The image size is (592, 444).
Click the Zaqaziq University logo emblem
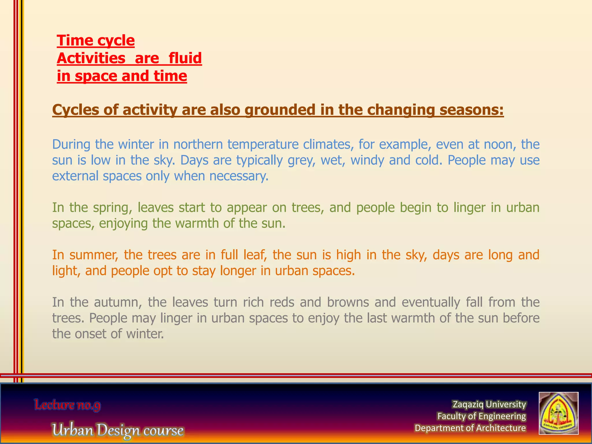click(558, 413)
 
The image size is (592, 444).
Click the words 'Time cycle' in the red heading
click(96, 40)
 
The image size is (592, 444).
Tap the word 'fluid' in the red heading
click(185, 58)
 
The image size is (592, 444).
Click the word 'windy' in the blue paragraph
click(367, 160)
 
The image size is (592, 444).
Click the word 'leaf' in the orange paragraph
click(254, 255)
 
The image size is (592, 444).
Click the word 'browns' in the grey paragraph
click(348, 302)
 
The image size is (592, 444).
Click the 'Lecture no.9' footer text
click(67, 405)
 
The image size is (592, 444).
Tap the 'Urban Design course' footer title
click(118, 430)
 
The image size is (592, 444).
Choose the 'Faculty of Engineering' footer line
click(481, 416)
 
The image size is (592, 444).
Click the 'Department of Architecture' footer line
click(470, 428)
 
